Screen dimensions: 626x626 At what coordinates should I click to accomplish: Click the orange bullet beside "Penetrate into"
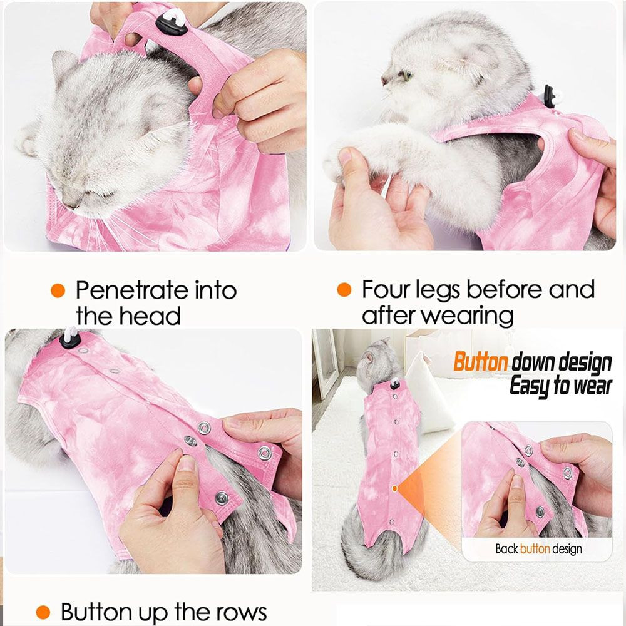point(58,290)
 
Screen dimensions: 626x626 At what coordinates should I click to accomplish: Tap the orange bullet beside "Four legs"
point(344,290)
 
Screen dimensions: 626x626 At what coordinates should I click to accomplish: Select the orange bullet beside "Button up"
point(43,612)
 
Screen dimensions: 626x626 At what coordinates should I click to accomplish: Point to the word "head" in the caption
point(150,316)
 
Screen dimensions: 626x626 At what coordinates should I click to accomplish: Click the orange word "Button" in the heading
point(481,362)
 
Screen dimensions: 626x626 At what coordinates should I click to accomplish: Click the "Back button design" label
point(538,549)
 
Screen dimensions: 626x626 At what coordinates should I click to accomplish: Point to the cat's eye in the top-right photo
point(406,76)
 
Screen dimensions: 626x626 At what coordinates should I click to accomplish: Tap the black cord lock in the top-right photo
point(550,93)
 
